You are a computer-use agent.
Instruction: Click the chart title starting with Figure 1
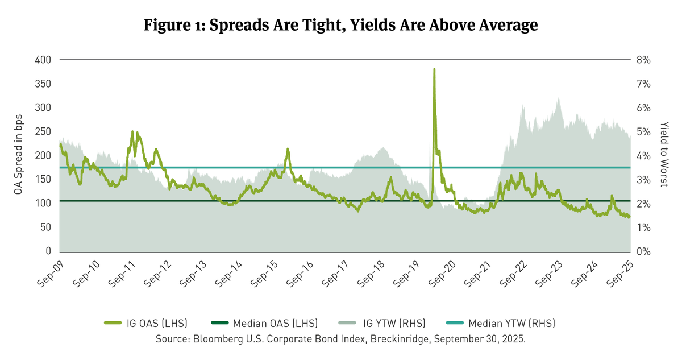pyautogui.click(x=341, y=26)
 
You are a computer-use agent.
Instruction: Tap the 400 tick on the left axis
pyautogui.click(x=43, y=60)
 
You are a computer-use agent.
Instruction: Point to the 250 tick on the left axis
pyautogui.click(x=43, y=131)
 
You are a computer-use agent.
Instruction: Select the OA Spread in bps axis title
pyautogui.click(x=18, y=155)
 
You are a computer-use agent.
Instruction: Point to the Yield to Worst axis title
pyautogui.click(x=666, y=155)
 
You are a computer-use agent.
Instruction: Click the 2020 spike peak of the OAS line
pyautogui.click(x=434, y=69)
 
